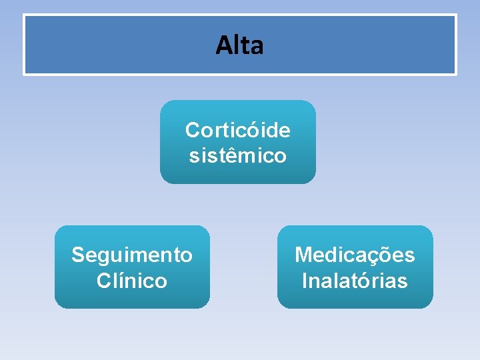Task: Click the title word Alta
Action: [240, 45]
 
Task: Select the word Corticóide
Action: [237, 129]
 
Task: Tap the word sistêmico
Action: [237, 156]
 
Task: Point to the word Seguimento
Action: [132, 255]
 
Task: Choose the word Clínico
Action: [132, 281]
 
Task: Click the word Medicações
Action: [355, 255]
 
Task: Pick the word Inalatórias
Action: [355, 281]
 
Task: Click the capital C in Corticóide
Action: [192, 129]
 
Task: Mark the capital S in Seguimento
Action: [79, 255]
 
